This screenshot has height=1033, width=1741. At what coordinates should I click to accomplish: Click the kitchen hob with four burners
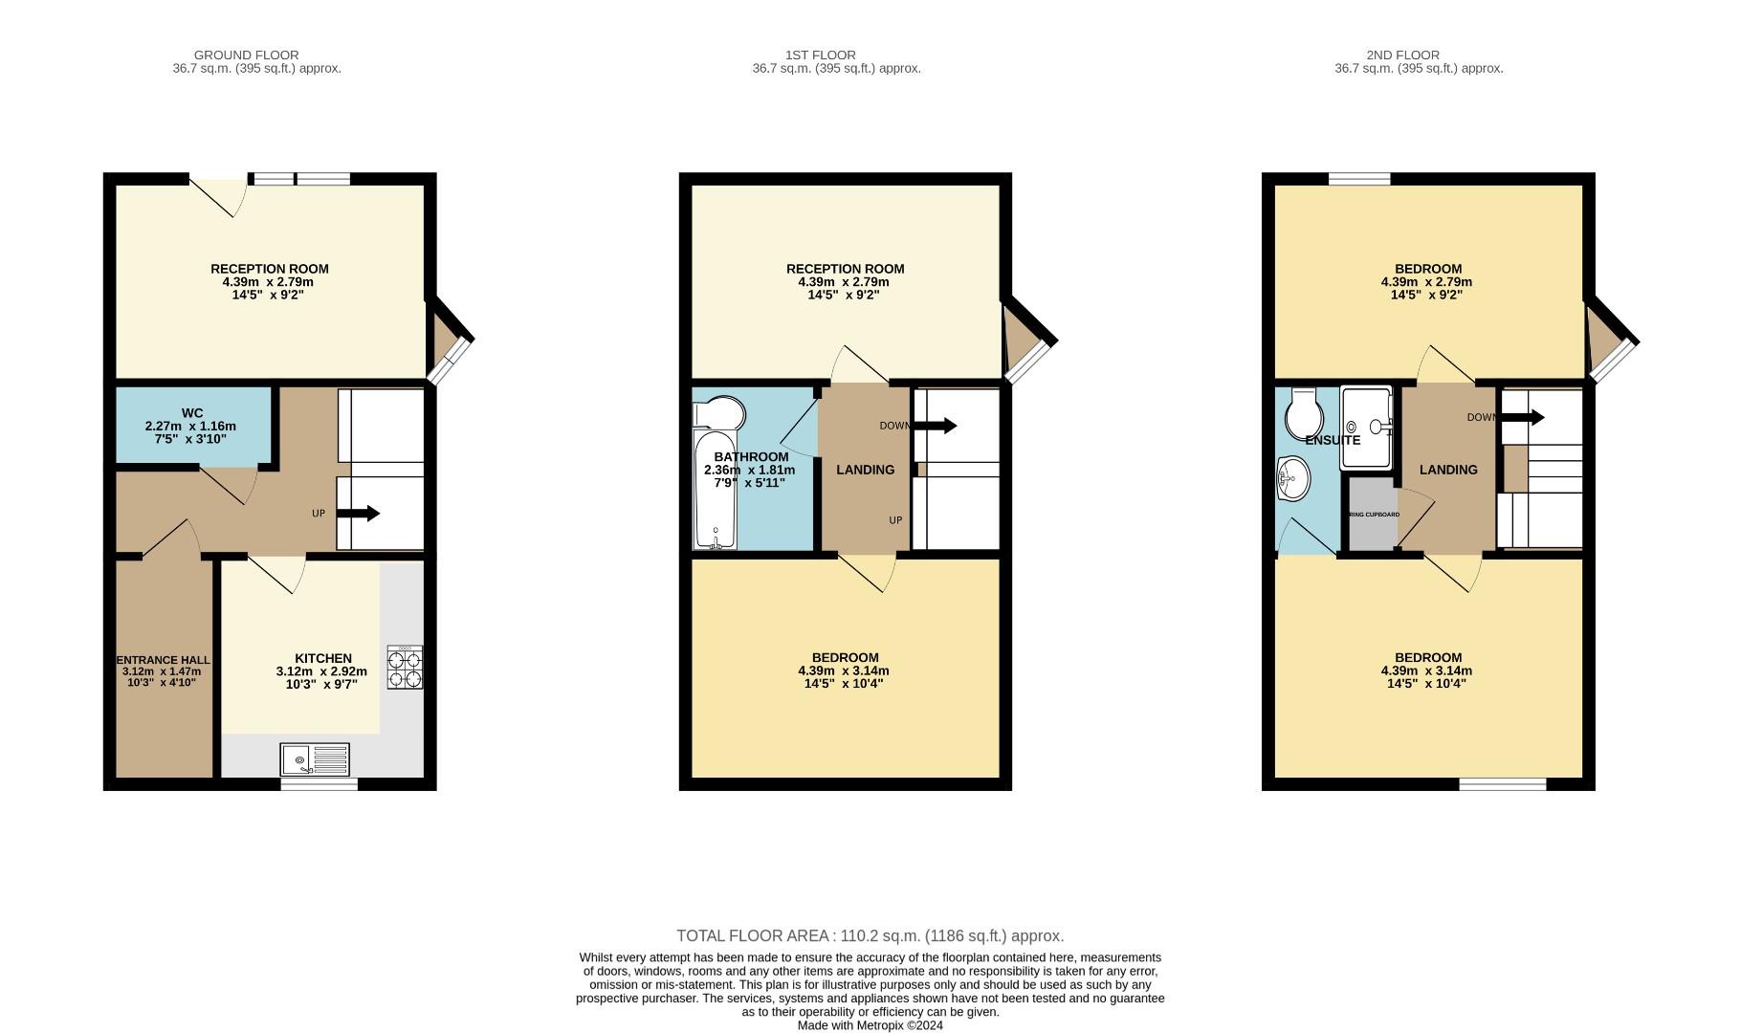pyautogui.click(x=405, y=668)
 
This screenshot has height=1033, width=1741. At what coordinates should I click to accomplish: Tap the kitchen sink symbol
pyautogui.click(x=315, y=760)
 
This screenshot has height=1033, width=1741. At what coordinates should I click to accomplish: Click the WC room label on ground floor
pyautogui.click(x=191, y=413)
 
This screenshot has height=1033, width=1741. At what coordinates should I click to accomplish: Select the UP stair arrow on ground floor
pyautogui.click(x=358, y=514)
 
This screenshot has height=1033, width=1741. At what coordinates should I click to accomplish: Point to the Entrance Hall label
pyautogui.click(x=164, y=660)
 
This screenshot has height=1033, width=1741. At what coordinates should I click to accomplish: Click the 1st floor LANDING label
pyautogui.click(x=865, y=470)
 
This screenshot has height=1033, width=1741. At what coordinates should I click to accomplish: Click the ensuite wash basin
pyautogui.click(x=1292, y=477)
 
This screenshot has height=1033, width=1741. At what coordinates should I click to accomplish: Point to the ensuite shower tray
pyautogui.click(x=1366, y=427)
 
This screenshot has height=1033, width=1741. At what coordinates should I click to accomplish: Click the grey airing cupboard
pyautogui.click(x=1373, y=515)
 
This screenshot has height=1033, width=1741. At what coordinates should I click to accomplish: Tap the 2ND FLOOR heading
pyautogui.click(x=1402, y=55)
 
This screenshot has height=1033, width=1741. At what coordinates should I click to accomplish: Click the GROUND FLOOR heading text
pyautogui.click(x=246, y=55)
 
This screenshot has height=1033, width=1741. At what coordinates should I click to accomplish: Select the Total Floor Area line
pyautogui.click(x=870, y=935)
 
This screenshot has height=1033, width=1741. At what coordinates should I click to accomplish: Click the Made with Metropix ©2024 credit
pyautogui.click(x=870, y=1025)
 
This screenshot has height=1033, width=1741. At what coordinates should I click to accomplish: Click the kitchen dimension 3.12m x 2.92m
pyautogui.click(x=321, y=671)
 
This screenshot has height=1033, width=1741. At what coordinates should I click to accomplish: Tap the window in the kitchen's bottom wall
pyautogui.click(x=320, y=784)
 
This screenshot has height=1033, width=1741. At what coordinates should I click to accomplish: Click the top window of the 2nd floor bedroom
pyautogui.click(x=1359, y=179)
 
